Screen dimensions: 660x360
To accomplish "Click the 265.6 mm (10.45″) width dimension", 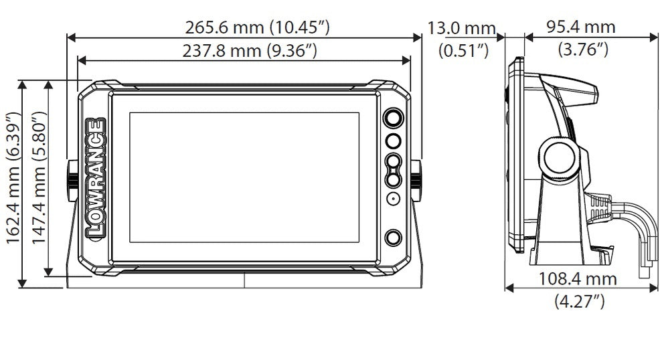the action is pyautogui.click(x=257, y=27).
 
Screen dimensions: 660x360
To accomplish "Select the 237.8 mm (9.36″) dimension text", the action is pyautogui.click(x=249, y=51).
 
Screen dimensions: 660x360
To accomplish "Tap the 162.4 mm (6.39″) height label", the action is pyautogui.click(x=13, y=177).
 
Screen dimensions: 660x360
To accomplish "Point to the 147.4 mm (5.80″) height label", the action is pyautogui.click(x=38, y=177).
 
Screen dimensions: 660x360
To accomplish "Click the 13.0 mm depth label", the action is pyautogui.click(x=462, y=29).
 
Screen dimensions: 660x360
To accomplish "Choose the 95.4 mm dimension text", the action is pyautogui.click(x=581, y=27).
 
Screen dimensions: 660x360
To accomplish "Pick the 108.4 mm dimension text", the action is pyautogui.click(x=578, y=279).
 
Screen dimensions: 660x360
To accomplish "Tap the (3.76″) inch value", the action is pyautogui.click(x=583, y=50).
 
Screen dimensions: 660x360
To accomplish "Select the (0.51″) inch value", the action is pyautogui.click(x=463, y=51).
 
